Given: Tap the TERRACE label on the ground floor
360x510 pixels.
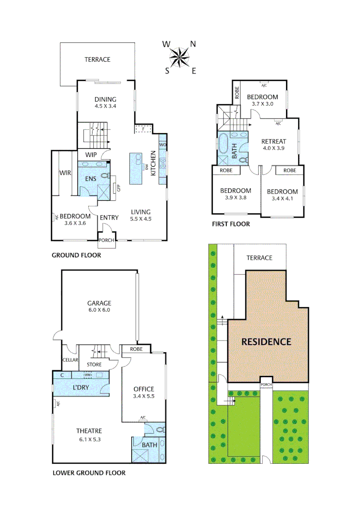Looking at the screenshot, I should tap(97, 59).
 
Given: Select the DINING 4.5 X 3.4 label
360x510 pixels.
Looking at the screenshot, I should tap(105, 102).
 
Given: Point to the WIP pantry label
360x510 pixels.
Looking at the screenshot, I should tap(91, 155).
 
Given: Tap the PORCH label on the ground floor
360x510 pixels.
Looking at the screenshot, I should tap(106, 240).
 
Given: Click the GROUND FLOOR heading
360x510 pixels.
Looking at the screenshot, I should tap(76, 255).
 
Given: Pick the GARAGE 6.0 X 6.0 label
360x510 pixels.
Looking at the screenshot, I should tap(99, 306).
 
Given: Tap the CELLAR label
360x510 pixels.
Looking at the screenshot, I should tap(70, 360).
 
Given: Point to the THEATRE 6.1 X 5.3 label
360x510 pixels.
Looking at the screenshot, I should tap(89, 434).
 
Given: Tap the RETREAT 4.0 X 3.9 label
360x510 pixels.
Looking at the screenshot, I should tap(274, 144).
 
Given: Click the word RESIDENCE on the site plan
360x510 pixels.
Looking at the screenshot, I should tap(267, 341).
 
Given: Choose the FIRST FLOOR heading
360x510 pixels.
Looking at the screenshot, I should tap(231, 224).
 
